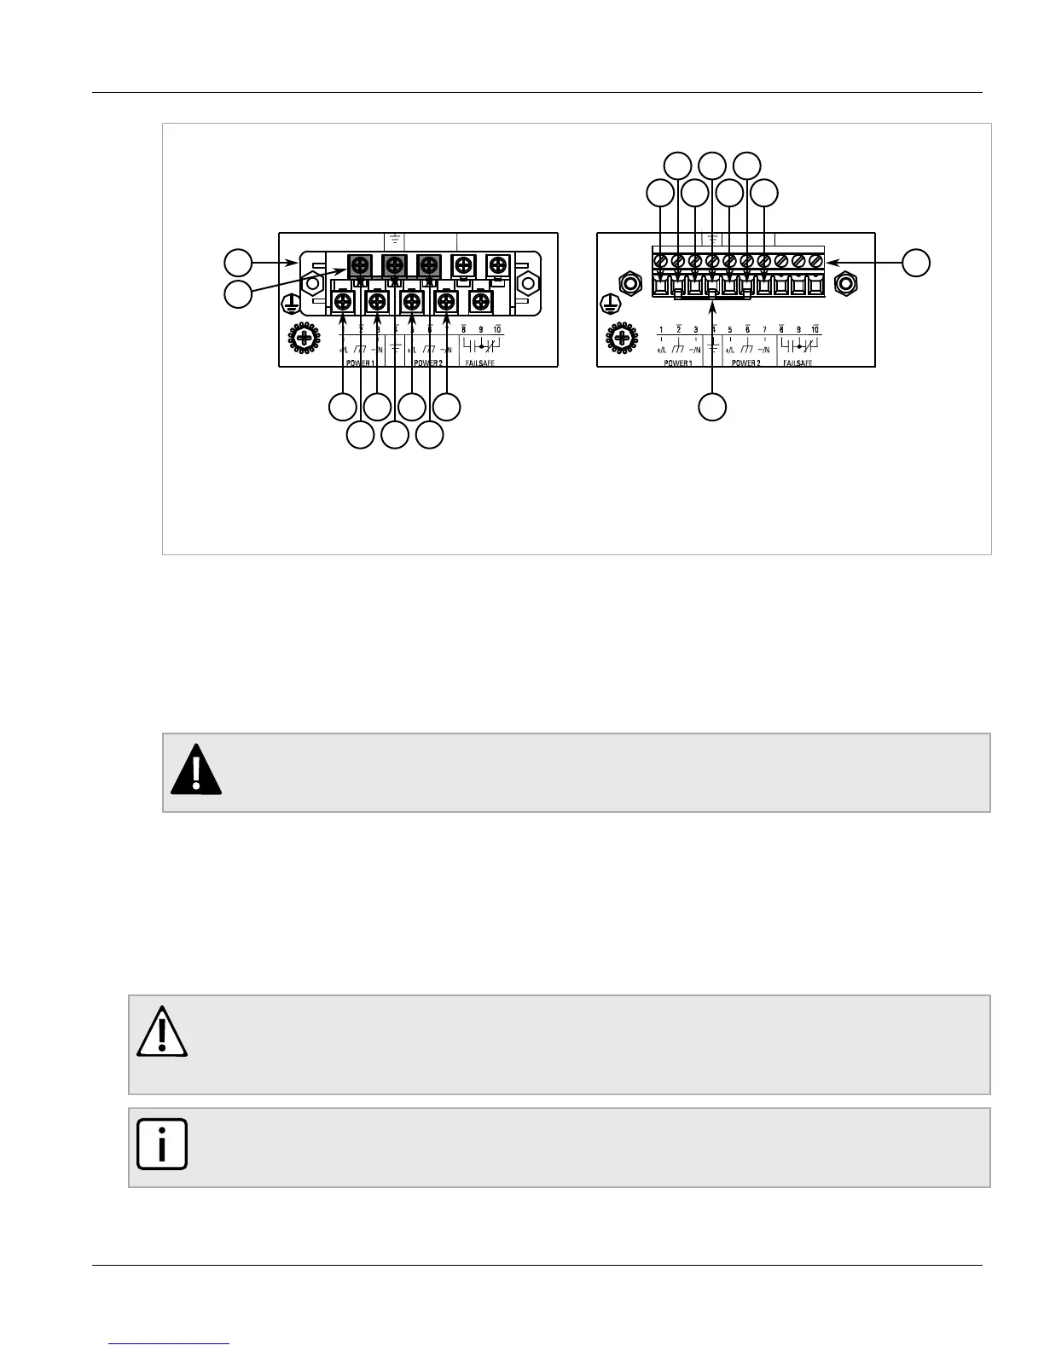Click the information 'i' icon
pos(161,1144)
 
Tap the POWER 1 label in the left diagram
pos(359,362)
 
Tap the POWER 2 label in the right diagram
pos(745,362)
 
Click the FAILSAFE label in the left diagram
pos(479,362)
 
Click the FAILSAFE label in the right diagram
pos(797,362)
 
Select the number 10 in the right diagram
pos(815,329)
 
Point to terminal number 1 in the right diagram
pos(661,329)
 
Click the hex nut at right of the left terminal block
pos(528,281)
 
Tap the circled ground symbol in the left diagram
pos(290,304)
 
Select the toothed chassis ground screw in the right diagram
pos(622,339)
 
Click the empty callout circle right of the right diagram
pos(917,263)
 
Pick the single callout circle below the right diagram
pos(712,407)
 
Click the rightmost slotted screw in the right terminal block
pos(815,259)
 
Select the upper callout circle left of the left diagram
pos(238,262)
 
